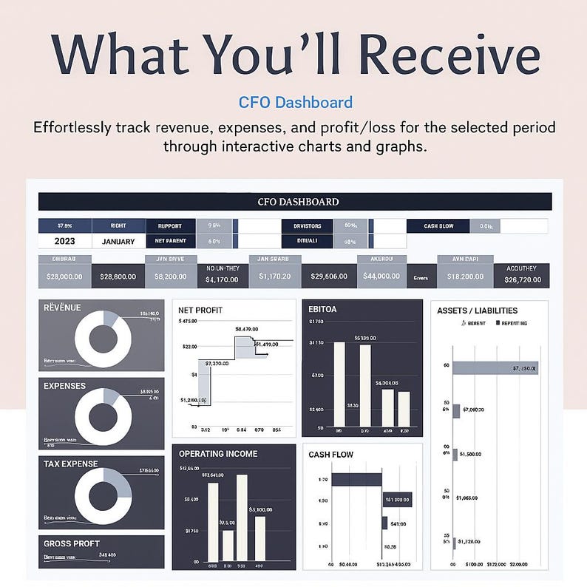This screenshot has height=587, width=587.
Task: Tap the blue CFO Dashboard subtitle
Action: pyautogui.click(x=296, y=103)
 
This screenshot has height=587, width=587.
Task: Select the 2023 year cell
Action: pyautogui.click(x=64, y=241)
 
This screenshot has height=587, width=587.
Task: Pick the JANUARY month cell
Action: pyautogui.click(x=118, y=241)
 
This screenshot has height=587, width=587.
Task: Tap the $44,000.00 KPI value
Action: pyautogui.click(x=381, y=275)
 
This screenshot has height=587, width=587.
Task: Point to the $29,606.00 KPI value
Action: pyautogui.click(x=329, y=275)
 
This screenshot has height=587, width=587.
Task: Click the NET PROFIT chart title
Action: pyautogui.click(x=200, y=311)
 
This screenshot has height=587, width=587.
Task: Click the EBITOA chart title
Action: pyautogui.click(x=322, y=309)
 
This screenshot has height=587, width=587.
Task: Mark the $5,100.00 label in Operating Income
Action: pyautogui.click(x=262, y=509)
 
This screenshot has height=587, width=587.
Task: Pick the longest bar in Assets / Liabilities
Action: pyautogui.click(x=495, y=367)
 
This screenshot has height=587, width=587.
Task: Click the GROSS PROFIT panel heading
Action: pyautogui.click(x=72, y=543)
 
